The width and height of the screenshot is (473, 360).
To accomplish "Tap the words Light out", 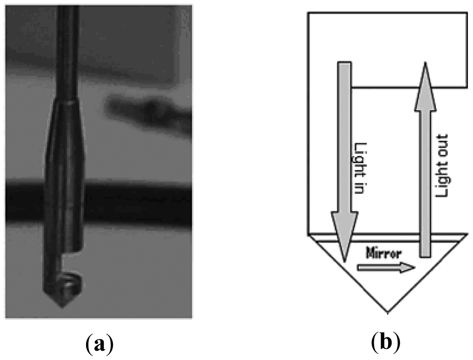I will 441,166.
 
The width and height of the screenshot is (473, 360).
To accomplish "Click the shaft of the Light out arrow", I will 425,180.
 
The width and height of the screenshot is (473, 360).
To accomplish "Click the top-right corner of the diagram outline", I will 467,13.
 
